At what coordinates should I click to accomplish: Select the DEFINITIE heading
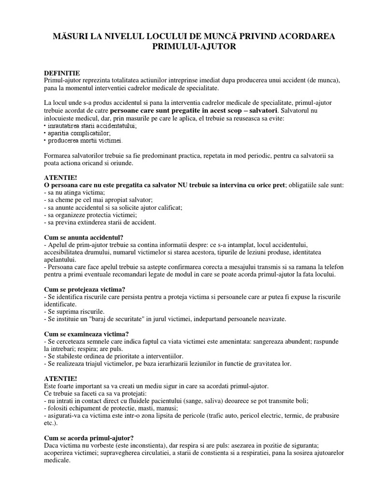[x=62, y=73]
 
